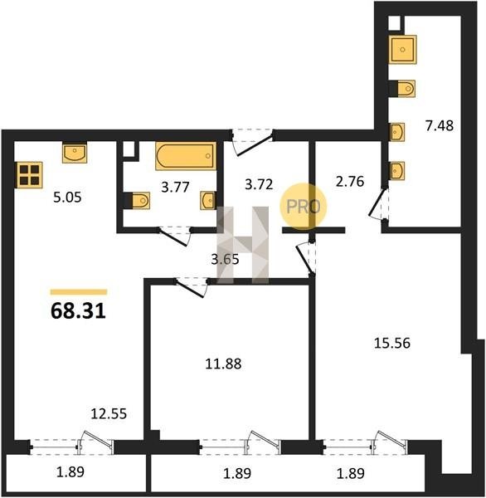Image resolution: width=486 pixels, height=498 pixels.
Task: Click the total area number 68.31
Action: coord(78,310)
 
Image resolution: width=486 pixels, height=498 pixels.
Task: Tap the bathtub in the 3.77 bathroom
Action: coord(186,156)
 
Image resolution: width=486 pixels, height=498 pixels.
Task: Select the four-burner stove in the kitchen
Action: coord(29,175)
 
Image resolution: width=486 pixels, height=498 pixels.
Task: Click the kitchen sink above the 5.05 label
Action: coord(75,153)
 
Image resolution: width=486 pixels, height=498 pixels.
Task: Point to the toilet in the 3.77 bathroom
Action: coord(138,200)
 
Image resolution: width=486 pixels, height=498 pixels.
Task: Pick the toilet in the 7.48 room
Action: coord(402,88)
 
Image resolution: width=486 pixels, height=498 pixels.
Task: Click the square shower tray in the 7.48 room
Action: coord(403,50)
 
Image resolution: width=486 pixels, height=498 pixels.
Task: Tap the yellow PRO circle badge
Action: coord(304,207)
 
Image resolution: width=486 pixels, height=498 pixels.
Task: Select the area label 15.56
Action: coord(392,343)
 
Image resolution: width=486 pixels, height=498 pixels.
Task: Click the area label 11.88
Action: coord(223,364)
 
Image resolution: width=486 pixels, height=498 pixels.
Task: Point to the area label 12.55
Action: coord(109,414)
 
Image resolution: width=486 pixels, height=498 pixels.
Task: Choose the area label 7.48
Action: coord(440,126)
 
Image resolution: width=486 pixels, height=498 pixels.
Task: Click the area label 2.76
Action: coord(350,181)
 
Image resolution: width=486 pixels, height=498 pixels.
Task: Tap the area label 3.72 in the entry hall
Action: coord(259,184)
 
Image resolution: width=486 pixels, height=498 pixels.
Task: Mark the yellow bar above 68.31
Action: coord(79,292)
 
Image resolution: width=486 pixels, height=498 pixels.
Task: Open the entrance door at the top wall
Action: coord(253,142)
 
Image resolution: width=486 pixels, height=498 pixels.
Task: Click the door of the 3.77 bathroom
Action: coord(175,236)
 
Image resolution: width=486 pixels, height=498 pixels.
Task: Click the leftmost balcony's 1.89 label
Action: coord(70,472)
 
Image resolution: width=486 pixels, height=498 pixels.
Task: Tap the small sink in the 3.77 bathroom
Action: coord(208,200)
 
